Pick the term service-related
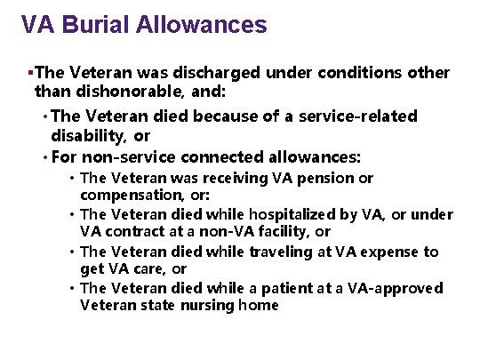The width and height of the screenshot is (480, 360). coord(362,116)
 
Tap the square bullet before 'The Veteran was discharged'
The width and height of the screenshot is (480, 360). coord(31,72)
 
